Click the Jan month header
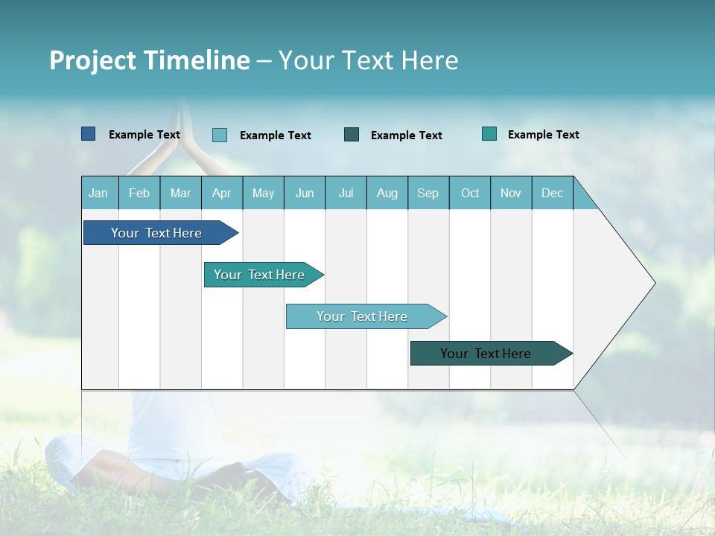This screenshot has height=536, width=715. click(x=98, y=194)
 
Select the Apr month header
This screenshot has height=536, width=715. click(x=221, y=194)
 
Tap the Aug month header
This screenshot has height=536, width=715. click(x=387, y=194)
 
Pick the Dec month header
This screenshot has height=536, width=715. click(x=552, y=194)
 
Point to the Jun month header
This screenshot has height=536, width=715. click(x=304, y=194)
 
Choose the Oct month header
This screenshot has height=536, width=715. click(x=469, y=194)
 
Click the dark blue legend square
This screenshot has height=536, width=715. click(x=88, y=134)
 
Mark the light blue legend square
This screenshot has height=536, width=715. click(x=219, y=135)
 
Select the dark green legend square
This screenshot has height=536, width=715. click(x=352, y=135)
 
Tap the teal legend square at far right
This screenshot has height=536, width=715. click(x=489, y=134)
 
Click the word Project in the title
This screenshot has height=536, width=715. click(x=92, y=60)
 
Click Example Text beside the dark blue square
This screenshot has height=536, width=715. click(x=144, y=135)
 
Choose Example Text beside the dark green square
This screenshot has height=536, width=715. click(x=407, y=135)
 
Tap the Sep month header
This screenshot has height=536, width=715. click(x=428, y=194)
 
